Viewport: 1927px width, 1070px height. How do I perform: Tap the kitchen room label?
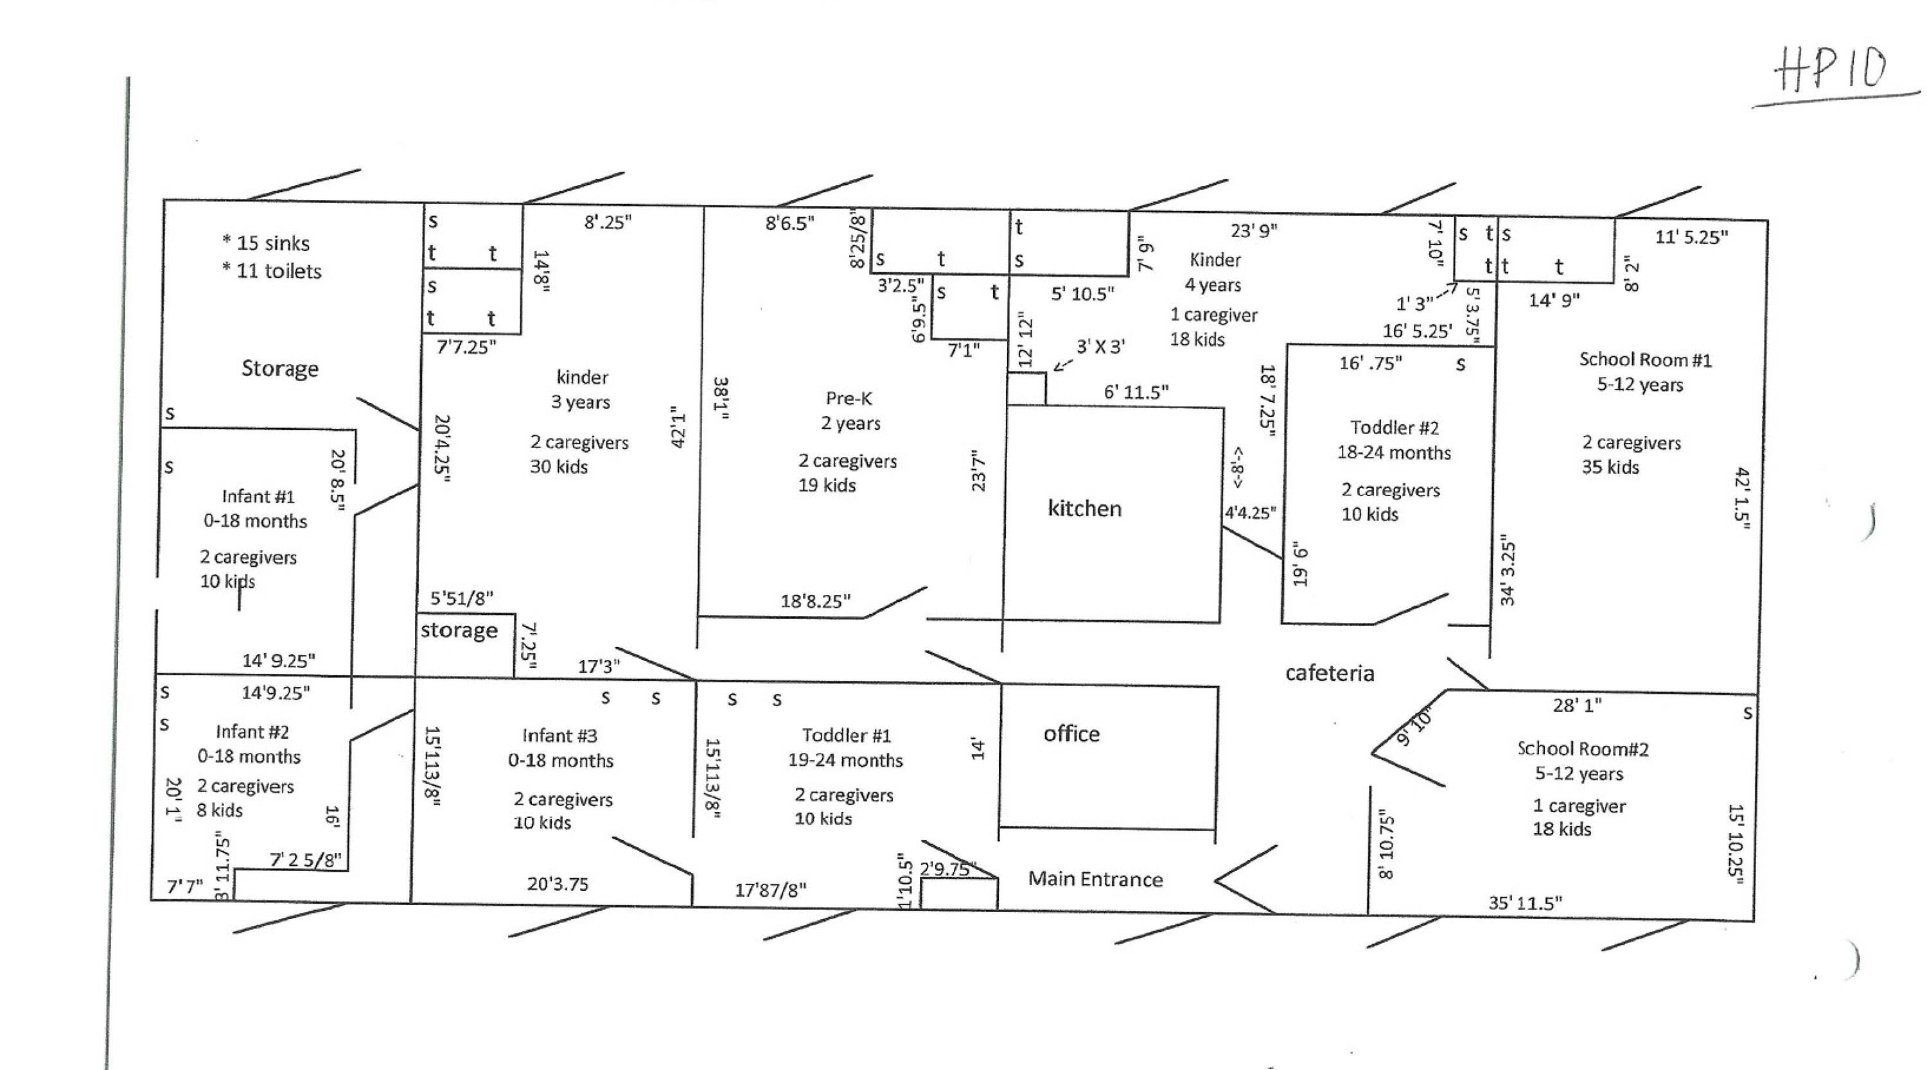pyautogui.click(x=1085, y=508)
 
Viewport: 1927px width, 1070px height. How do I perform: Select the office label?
pyautogui.click(x=1072, y=734)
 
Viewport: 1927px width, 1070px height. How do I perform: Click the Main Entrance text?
pyautogui.click(x=1095, y=879)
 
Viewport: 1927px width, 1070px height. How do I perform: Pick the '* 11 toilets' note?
pyautogui.click(x=272, y=271)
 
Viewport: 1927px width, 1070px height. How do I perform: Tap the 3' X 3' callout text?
pyautogui.click(x=1100, y=346)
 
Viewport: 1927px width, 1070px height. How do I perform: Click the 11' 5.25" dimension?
pyautogui.click(x=1691, y=237)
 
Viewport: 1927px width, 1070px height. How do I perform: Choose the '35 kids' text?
pyautogui.click(x=1610, y=467)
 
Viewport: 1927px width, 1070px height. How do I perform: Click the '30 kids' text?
pyautogui.click(x=559, y=467)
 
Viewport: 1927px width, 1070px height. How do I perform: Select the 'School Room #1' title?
pyautogui.click(x=1646, y=359)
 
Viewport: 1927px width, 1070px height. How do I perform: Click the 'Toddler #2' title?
pyautogui.click(x=1395, y=427)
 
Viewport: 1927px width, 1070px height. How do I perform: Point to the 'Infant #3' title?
pyautogui.click(x=559, y=736)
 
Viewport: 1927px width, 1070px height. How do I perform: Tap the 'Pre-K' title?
pyautogui.click(x=849, y=399)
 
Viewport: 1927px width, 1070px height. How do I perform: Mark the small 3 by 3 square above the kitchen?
pyautogui.click(x=1026, y=389)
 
